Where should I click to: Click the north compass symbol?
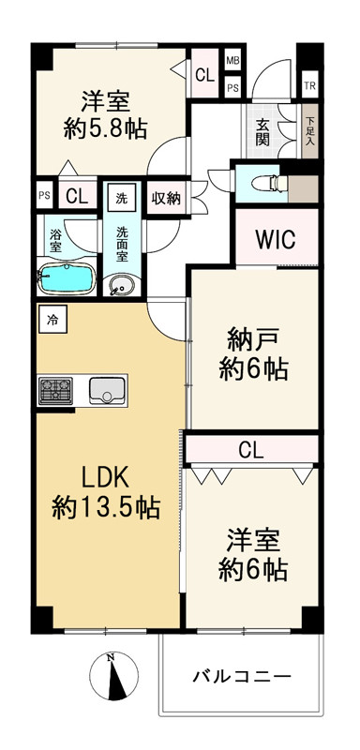[113, 676]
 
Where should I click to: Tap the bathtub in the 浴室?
[67, 278]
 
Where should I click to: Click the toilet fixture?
[266, 183]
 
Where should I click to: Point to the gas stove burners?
[55, 390]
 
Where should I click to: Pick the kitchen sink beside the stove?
[108, 390]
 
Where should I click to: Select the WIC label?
[275, 239]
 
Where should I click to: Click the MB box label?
[232, 61]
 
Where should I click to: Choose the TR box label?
[309, 87]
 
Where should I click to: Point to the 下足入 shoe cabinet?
[309, 132]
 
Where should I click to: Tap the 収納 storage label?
[166, 198]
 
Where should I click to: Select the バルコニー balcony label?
[242, 676]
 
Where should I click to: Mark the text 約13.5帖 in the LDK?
[106, 508]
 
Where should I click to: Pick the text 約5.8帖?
[106, 128]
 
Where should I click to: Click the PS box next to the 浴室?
[44, 196]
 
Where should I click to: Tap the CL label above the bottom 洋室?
[251, 451]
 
